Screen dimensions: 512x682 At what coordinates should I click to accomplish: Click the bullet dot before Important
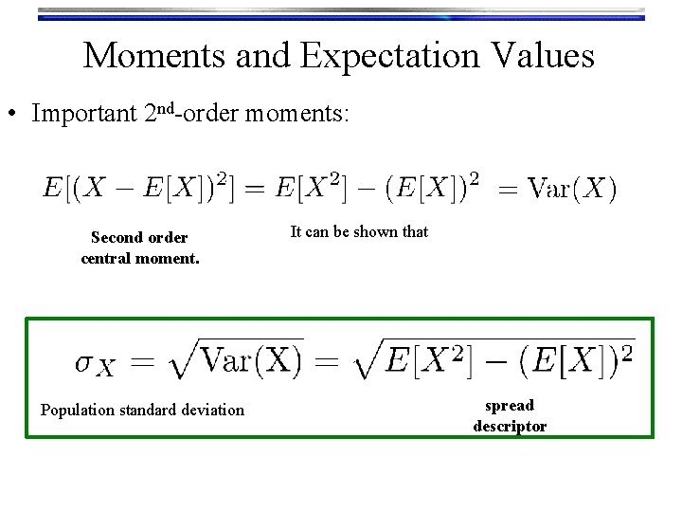pyautogui.click(x=14, y=116)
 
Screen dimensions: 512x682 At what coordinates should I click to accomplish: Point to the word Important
pyautogui.click(x=84, y=115)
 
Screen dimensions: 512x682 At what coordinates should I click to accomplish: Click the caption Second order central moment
pyautogui.click(x=139, y=247)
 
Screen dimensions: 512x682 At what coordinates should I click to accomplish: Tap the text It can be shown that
pyautogui.click(x=359, y=231)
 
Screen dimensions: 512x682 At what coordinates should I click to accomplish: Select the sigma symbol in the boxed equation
pyautogui.click(x=84, y=361)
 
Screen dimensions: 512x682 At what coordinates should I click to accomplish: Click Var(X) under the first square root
pyautogui.click(x=251, y=360)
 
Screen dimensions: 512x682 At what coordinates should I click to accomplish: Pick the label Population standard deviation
pyautogui.click(x=142, y=410)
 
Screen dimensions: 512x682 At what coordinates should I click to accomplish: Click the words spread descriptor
pyautogui.click(x=510, y=415)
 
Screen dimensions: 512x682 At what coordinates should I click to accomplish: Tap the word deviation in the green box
pyautogui.click(x=210, y=410)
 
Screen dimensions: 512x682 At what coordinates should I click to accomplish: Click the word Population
pyautogui.click(x=77, y=410)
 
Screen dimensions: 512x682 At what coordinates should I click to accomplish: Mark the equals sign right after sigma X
pyautogui.click(x=141, y=361)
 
